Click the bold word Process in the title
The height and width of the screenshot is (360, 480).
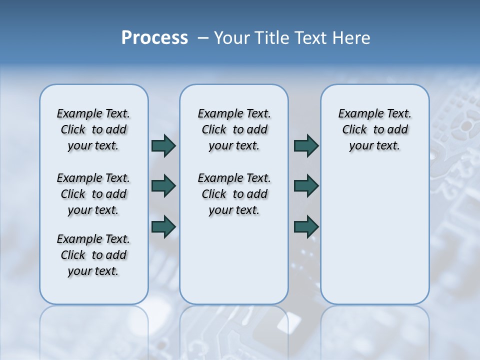point(154,37)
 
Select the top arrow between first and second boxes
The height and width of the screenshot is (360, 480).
point(163,146)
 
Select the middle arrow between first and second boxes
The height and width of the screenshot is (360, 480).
point(163,186)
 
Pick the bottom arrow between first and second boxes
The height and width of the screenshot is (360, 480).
point(163,227)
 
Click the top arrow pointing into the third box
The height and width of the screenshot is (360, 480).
point(306,146)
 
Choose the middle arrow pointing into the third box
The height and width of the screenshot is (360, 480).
point(306,186)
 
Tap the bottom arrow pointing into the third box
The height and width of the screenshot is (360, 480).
point(306,227)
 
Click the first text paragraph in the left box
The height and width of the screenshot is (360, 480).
point(93,129)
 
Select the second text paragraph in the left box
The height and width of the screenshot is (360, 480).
point(93,194)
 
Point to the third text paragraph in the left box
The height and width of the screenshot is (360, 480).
point(93,255)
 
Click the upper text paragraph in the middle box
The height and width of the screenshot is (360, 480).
point(234,129)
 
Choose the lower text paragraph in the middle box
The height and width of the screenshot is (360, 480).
point(234,194)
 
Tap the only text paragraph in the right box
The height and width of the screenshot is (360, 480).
point(374,129)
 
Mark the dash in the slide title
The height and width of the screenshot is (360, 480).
point(203,38)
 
